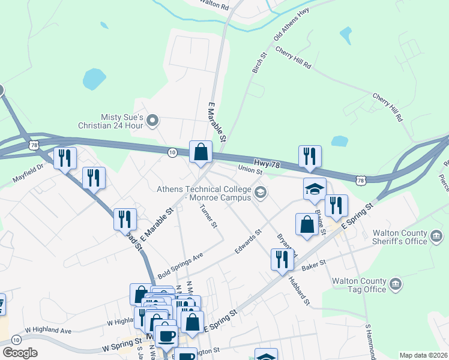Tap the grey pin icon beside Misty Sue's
click(152, 121)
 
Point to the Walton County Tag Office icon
click(396, 283)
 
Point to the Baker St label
click(313, 265)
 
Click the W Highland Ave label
click(47, 331)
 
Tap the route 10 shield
click(172, 153)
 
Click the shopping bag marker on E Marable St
click(200, 152)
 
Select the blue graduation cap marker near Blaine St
click(314, 189)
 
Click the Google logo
click(20, 353)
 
